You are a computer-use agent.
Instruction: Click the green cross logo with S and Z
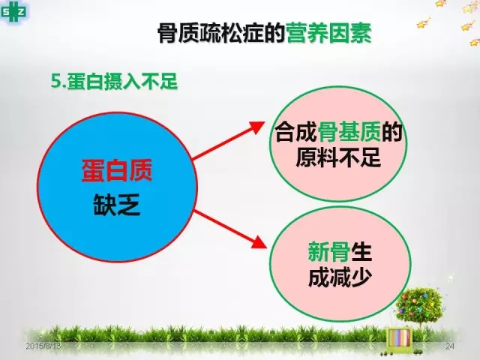click(13, 12)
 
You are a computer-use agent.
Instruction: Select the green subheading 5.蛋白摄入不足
click(114, 82)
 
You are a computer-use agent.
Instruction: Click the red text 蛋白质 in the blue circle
click(117, 171)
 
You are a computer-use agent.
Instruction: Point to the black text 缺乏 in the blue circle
click(117, 204)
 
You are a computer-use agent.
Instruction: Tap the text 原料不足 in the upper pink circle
click(338, 157)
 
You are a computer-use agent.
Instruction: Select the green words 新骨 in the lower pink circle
click(329, 252)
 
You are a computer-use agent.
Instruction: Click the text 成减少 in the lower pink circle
click(340, 277)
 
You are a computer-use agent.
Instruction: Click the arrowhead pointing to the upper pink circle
click(256, 127)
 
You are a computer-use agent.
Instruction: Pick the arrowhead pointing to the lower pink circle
click(259, 242)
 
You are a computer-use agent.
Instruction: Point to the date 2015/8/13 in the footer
click(43, 346)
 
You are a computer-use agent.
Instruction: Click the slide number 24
click(450, 346)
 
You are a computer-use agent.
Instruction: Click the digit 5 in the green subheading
click(55, 82)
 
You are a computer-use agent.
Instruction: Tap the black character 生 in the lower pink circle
click(361, 252)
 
